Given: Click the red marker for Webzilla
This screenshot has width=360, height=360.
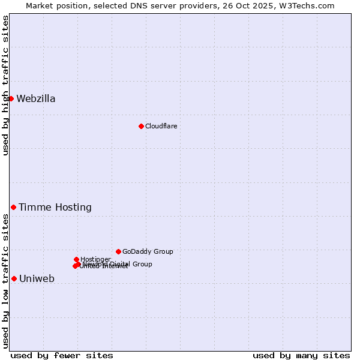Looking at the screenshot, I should click(11, 98).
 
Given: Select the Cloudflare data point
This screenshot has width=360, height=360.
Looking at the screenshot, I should click(141, 126).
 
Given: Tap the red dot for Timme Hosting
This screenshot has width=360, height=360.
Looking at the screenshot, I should click(13, 207).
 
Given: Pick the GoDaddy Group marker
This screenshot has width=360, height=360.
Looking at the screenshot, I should click(118, 251).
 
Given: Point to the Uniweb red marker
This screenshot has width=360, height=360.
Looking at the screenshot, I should click(14, 278).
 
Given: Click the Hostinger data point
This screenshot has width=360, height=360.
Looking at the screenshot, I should click(76, 259).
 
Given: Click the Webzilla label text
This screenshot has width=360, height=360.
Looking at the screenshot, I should click(36, 99).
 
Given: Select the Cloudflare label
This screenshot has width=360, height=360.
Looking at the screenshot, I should click(161, 126).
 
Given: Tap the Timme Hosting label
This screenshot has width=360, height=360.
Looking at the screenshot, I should click(55, 208).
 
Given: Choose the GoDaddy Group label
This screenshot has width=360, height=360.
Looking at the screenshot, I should click(148, 251).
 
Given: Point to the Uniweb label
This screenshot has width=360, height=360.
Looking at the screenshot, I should click(37, 279).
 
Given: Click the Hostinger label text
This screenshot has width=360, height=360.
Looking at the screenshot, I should click(95, 259).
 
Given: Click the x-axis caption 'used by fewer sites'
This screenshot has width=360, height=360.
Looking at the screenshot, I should click(62, 355).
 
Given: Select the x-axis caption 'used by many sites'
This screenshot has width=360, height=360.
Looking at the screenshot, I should click(301, 355).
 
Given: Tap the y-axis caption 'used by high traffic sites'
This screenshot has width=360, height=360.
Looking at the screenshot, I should click(5, 85).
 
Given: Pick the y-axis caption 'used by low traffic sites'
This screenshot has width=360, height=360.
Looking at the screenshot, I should click(5, 281).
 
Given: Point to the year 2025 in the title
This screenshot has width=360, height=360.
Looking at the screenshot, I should click(272, 5).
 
